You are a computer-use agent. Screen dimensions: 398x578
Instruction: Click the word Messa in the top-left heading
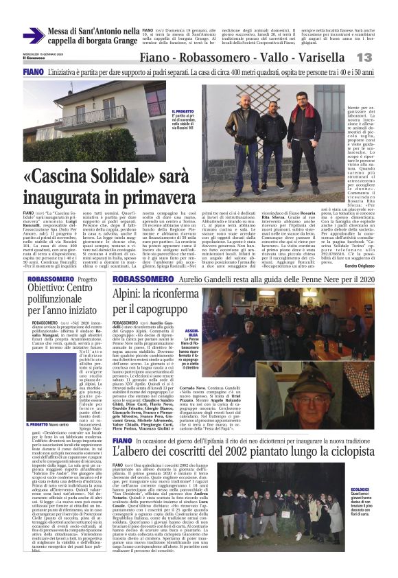pos(62,31)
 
